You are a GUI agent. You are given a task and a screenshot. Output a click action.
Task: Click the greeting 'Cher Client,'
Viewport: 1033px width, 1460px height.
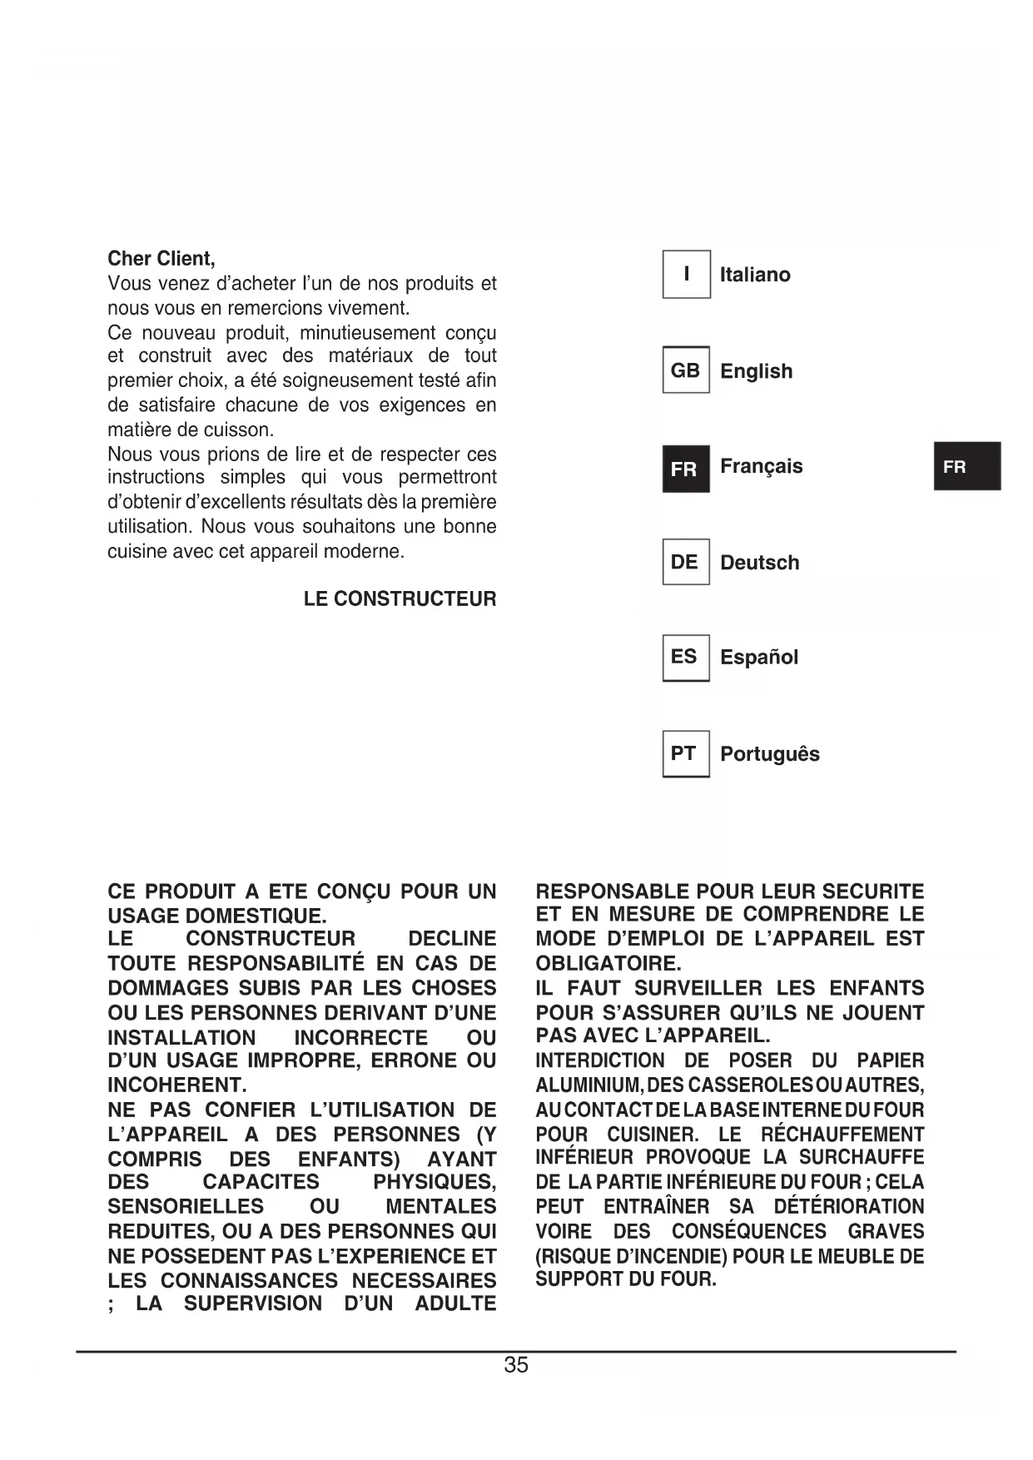click(x=161, y=259)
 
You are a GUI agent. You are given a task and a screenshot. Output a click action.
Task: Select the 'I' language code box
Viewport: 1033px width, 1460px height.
click(x=686, y=274)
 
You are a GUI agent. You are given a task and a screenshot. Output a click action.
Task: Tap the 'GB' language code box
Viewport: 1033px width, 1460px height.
click(x=686, y=370)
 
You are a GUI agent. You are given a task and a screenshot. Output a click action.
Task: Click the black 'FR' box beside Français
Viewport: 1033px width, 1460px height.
click(x=686, y=469)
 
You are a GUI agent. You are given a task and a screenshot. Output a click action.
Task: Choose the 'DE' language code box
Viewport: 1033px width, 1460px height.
click(x=686, y=562)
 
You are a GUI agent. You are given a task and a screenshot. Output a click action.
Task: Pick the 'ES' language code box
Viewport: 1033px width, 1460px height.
click(x=686, y=658)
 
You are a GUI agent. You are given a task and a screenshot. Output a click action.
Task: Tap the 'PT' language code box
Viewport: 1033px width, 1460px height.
click(x=686, y=754)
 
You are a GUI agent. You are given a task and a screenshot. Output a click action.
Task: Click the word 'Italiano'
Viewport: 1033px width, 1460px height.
click(x=755, y=275)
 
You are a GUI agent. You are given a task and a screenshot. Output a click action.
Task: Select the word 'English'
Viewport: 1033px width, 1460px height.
click(x=756, y=371)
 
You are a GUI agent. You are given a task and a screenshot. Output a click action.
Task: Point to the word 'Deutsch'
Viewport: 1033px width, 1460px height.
click(x=759, y=563)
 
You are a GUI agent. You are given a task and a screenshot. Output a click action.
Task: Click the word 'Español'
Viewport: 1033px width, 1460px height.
click(x=758, y=658)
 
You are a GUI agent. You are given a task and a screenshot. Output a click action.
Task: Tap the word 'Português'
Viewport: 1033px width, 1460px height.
click(x=769, y=754)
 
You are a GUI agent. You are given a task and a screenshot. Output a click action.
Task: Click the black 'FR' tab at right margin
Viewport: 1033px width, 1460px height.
click(x=966, y=466)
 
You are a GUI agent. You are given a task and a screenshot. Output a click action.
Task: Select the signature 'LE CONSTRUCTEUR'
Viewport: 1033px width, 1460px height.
click(x=400, y=599)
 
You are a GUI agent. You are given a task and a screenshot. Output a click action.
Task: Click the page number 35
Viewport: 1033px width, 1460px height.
click(x=516, y=1365)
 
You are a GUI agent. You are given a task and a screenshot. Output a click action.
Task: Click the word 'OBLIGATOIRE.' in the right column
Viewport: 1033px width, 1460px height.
click(x=608, y=964)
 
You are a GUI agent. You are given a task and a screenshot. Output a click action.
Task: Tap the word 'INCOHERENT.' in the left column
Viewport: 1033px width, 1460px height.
click(x=177, y=1085)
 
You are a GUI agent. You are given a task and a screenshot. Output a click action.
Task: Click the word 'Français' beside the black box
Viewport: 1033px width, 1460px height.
click(x=761, y=466)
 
